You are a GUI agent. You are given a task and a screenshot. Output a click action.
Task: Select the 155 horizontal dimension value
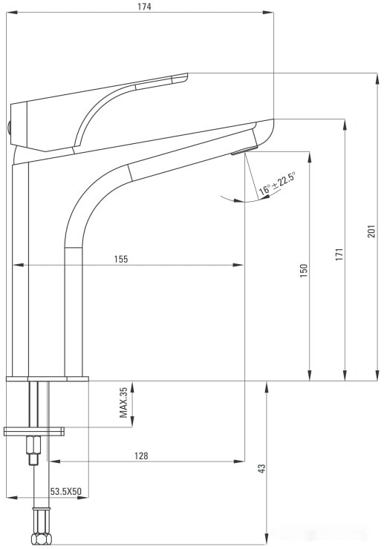point(121,259)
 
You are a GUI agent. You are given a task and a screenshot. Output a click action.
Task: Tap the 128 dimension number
point(141,456)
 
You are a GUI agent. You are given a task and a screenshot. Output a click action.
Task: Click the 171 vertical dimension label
point(339,254)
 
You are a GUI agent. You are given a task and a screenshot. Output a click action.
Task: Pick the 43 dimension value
point(261,468)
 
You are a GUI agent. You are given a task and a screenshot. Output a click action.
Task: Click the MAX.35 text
point(124,403)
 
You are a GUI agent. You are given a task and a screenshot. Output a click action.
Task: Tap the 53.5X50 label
point(65,492)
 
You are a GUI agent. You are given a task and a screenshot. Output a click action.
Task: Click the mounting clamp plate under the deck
point(34,431)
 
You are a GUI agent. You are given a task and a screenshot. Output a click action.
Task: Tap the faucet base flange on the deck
point(48,379)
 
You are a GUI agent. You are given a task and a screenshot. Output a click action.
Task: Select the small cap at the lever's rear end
point(10,127)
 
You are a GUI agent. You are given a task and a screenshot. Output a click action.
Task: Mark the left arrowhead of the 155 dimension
point(17,265)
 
